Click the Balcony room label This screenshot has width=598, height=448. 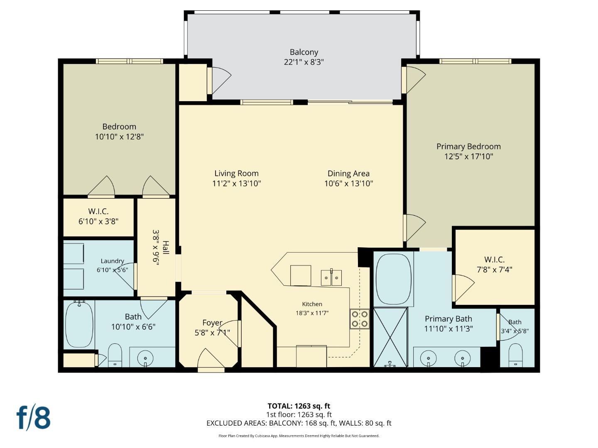tap(304, 52)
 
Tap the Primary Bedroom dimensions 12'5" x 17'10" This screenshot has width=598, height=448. tap(468, 156)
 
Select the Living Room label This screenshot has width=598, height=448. tap(236, 173)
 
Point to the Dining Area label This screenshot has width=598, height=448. tap(348, 173)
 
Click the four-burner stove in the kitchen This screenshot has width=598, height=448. tap(360, 319)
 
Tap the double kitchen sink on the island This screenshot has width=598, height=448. tap(331, 277)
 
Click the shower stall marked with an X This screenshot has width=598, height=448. tap(390, 337)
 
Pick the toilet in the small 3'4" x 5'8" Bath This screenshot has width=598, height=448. tap(515, 355)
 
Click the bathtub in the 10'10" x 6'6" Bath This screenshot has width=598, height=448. tap(79, 324)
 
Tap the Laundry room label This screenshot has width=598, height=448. tap(112, 261)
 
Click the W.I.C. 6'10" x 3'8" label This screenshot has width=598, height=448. tap(98, 216)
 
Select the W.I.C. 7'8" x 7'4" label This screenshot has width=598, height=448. tap(494, 264)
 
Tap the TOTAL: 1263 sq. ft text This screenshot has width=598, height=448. tap(299, 406)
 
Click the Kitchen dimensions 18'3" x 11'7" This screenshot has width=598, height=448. tap(312, 313)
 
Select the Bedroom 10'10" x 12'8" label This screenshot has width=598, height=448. tap(119, 131)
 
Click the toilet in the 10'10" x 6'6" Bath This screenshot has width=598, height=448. tap(115, 355)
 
